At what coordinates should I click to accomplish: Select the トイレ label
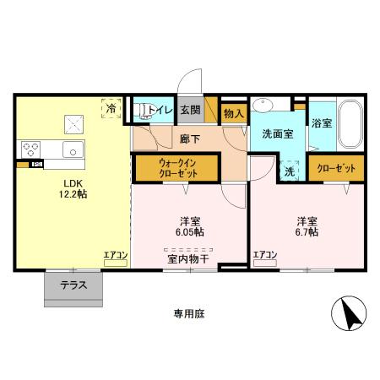pos(160,110)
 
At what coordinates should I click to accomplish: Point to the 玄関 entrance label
pos(190,110)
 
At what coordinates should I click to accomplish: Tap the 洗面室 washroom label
pos(277,133)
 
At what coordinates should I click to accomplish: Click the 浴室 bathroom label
pos(321,123)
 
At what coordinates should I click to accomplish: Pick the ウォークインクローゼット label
pos(176,166)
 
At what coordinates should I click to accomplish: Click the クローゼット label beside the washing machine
pos(336,167)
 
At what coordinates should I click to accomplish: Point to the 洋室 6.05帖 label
pos(188,225)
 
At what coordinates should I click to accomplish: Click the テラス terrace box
pos(73,285)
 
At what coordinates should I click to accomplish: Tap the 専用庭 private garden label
pos(189,313)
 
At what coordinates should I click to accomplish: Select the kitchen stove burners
pos(31,150)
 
